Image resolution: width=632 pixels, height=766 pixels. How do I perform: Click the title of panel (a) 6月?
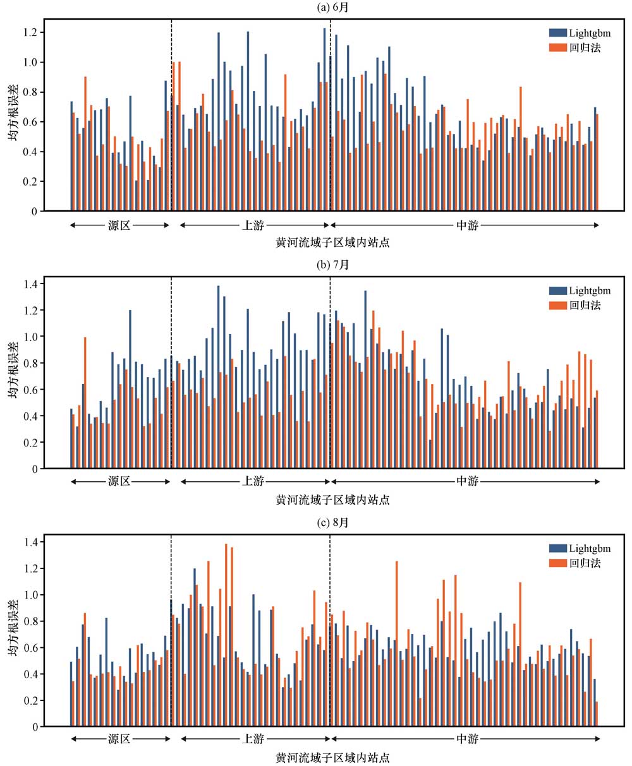tap(332, 8)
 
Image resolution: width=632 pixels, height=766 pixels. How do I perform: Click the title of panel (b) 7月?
tap(332, 265)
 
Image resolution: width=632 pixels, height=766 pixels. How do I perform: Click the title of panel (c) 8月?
tap(332, 523)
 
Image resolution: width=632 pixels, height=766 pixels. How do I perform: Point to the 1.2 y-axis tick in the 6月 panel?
tap(28, 32)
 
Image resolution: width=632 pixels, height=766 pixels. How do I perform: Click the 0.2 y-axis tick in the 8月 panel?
tap(28, 701)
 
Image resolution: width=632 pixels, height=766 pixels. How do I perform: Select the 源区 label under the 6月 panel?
tap(119, 225)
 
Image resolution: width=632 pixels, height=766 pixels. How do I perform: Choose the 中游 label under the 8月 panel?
tap(467, 739)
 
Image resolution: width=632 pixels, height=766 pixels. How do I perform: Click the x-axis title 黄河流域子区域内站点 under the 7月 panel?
tap(332, 500)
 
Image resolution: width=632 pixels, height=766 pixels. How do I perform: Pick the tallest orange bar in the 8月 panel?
tap(226, 635)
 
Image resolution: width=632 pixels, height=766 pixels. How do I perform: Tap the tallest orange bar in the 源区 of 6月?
tap(85, 144)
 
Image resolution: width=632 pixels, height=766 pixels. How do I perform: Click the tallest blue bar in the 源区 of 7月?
tap(130, 389)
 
